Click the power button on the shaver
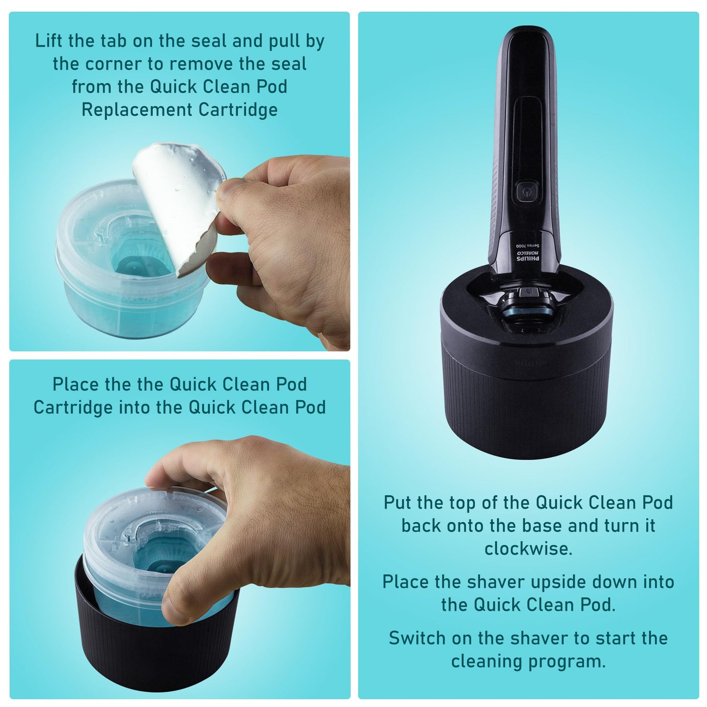[x=527, y=191]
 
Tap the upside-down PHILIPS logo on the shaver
[x=528, y=259]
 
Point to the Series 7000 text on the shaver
[x=527, y=246]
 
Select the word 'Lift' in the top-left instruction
[x=49, y=41]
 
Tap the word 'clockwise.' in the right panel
[x=528, y=548]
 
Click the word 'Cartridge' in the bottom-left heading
[x=73, y=408]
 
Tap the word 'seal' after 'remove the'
[x=289, y=64]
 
